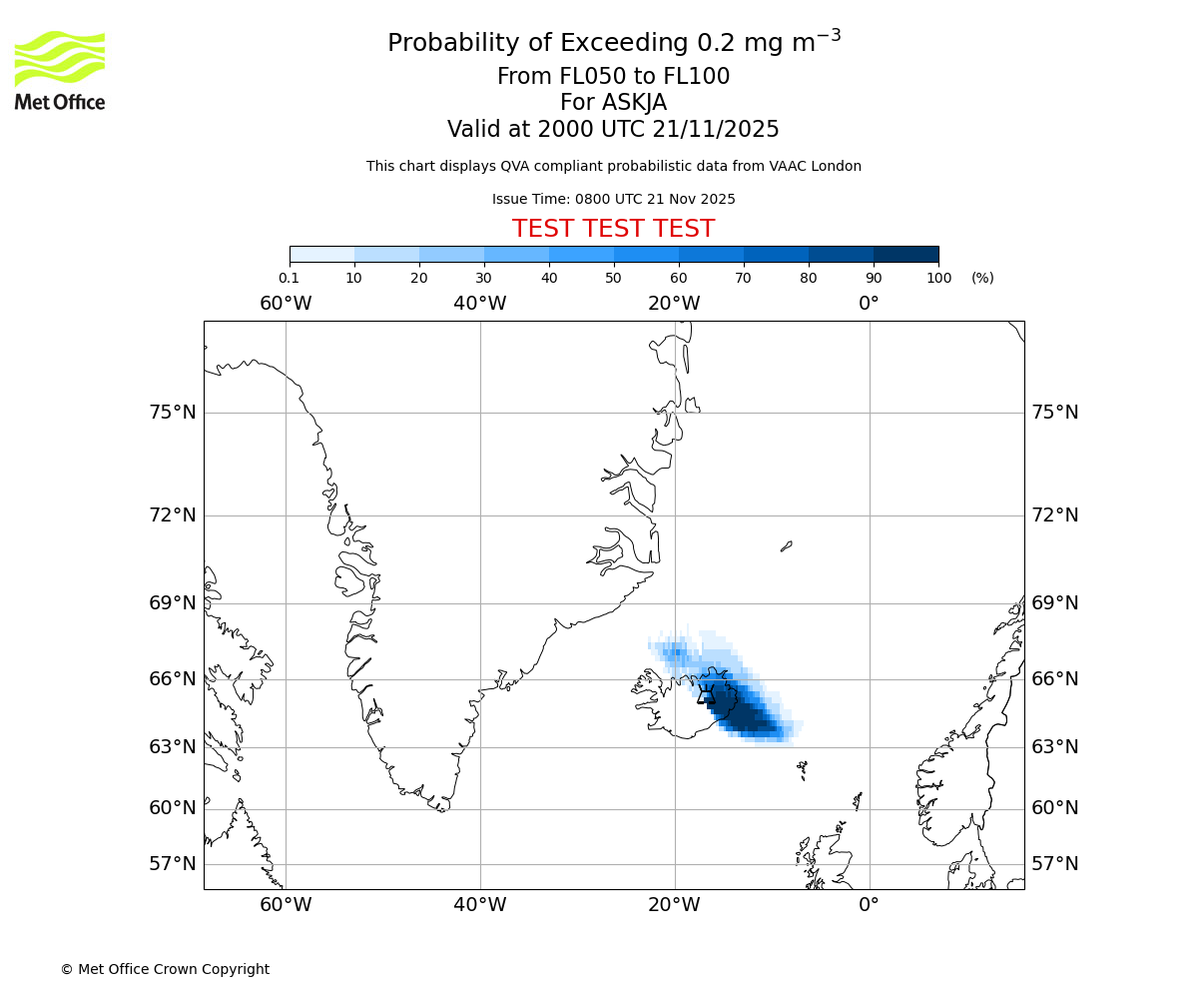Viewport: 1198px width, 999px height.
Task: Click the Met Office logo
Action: tap(60, 70)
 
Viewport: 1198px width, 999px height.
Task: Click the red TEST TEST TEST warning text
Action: tap(613, 229)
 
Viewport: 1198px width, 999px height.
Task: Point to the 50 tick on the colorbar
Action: tap(614, 278)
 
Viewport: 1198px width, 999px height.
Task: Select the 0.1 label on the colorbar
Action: tap(289, 278)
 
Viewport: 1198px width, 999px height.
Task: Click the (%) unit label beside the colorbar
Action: tap(982, 278)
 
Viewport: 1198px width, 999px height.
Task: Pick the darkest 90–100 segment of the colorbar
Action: tap(905, 254)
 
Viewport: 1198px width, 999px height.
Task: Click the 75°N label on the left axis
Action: tap(173, 413)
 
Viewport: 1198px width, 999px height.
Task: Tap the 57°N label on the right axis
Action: tap(1054, 864)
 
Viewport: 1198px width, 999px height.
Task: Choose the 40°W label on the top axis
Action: tap(479, 303)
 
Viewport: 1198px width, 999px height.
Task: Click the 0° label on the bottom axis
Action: tap(869, 905)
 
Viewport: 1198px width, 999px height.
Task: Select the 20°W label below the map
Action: tap(674, 905)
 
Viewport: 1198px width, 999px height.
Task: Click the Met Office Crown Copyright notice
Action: tap(165, 969)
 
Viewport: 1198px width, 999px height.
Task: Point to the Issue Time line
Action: tap(613, 199)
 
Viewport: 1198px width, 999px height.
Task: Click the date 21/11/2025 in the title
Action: tap(716, 129)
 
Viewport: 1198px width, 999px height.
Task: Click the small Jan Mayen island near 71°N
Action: tap(786, 546)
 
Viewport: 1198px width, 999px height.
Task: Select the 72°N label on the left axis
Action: tap(173, 515)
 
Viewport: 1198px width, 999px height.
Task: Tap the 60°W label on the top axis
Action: tap(286, 303)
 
